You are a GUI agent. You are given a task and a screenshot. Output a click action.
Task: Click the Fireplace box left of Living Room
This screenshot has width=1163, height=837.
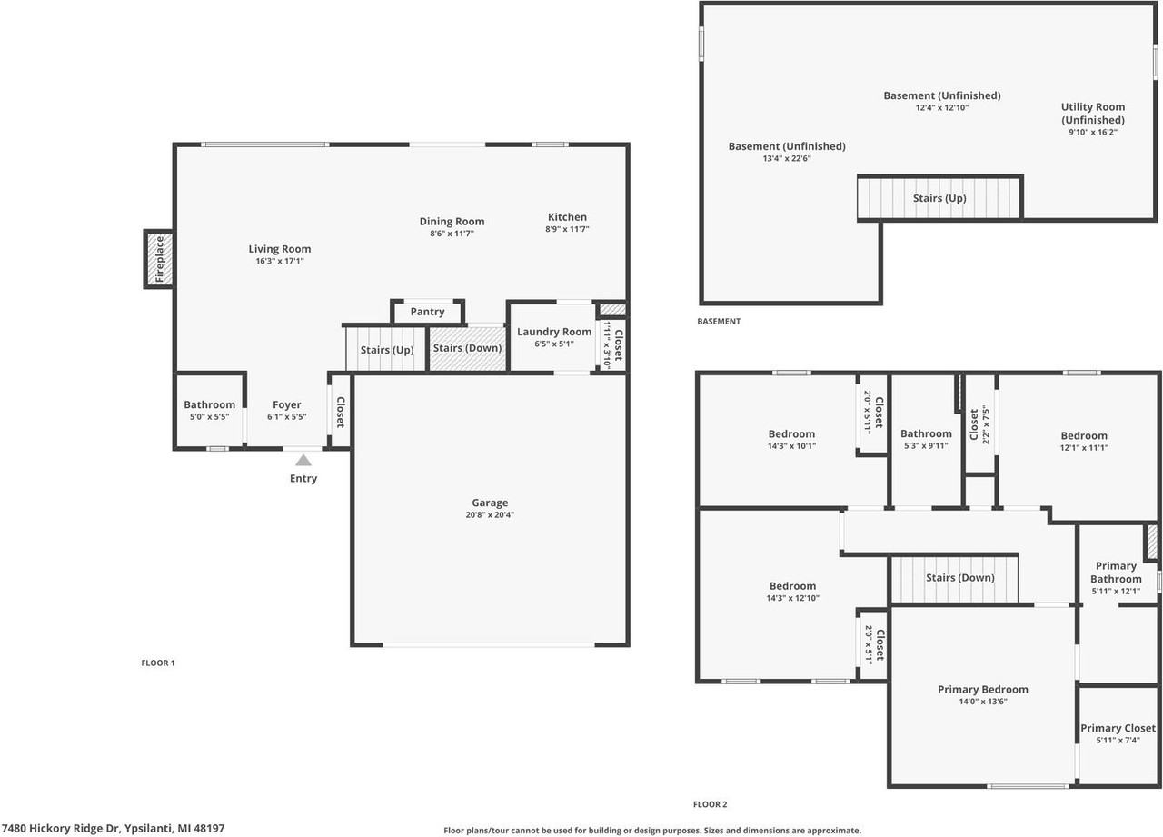click(x=159, y=259)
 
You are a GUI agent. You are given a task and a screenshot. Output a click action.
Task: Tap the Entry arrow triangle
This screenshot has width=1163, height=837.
click(x=303, y=461)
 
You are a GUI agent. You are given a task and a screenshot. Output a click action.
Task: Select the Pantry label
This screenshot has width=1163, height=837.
click(x=427, y=312)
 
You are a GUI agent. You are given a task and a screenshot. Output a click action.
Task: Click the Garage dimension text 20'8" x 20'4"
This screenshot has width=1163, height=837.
click(x=490, y=515)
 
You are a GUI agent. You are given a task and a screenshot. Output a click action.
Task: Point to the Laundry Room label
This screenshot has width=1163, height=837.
click(x=554, y=332)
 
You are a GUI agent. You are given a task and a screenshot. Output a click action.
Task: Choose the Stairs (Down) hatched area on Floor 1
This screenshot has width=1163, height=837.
click(x=467, y=349)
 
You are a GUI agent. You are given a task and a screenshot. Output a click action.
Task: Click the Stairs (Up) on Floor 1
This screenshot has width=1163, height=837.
click(x=387, y=350)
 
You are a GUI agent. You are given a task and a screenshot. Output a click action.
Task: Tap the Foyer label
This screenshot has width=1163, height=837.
click(x=286, y=404)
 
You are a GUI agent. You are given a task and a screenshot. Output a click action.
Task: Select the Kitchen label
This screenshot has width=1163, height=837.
click(x=567, y=217)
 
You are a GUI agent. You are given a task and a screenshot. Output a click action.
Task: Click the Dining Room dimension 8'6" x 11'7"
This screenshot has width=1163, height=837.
click(x=452, y=234)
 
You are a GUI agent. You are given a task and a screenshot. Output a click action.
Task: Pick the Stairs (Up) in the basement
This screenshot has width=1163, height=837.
click(x=939, y=198)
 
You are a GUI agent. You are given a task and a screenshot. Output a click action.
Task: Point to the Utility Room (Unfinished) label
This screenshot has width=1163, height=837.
click(x=1092, y=114)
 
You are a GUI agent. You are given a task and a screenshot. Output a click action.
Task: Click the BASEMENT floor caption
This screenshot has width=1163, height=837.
click(x=719, y=322)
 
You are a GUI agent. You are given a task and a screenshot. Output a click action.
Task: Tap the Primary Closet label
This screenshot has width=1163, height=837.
click(x=1118, y=728)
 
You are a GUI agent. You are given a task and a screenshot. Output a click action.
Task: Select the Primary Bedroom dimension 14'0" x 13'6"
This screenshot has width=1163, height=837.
click(x=983, y=702)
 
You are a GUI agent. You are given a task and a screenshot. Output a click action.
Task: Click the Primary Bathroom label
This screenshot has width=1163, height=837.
click(x=1116, y=573)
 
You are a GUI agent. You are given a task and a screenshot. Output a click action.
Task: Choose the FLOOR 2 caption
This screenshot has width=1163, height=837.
click(x=710, y=804)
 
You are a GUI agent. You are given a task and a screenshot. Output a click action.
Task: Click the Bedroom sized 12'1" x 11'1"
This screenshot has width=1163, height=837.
click(x=1083, y=441)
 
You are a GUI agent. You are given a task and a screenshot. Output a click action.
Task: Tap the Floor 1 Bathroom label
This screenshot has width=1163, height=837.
click(x=209, y=404)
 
